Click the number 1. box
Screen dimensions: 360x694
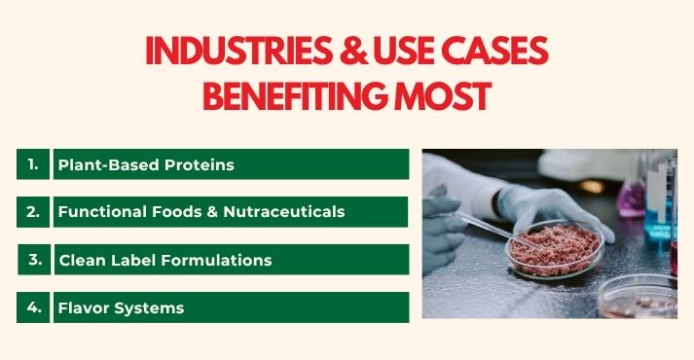(x=33, y=163)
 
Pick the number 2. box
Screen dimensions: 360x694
(x=33, y=211)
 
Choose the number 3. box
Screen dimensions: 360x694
(x=35, y=259)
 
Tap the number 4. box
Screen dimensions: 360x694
(x=34, y=306)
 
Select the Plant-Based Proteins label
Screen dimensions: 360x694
(x=146, y=164)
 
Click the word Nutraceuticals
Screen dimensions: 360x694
(x=285, y=211)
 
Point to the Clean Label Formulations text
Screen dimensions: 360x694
(x=164, y=260)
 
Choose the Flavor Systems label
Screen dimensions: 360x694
(x=121, y=307)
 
